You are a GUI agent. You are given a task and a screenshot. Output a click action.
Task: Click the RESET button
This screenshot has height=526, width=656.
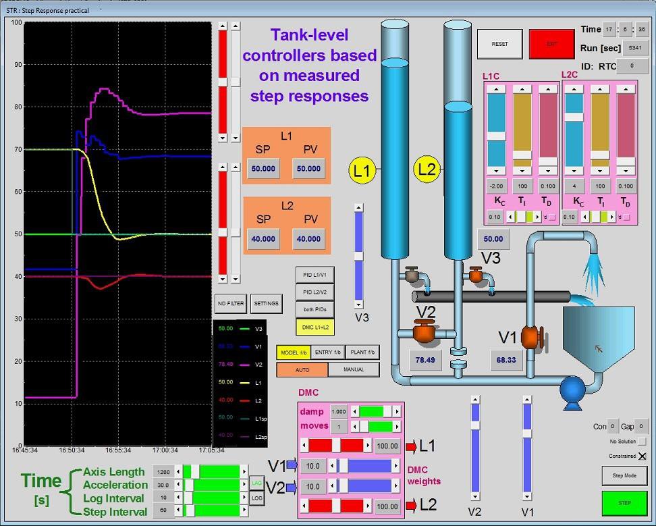(499, 44)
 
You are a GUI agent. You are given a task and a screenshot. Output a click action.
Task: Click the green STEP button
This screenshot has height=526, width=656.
(624, 503)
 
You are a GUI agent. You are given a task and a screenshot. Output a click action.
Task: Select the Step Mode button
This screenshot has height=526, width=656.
(624, 475)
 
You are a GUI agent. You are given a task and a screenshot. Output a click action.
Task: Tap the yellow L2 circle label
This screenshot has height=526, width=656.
(427, 169)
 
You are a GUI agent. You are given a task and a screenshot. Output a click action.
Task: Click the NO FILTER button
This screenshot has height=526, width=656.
(231, 304)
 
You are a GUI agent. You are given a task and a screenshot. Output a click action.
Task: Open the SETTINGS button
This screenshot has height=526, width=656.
(266, 304)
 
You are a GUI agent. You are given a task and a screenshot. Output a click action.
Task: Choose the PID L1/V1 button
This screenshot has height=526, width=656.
(315, 275)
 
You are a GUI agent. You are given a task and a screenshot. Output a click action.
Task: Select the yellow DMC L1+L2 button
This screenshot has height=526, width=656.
(315, 327)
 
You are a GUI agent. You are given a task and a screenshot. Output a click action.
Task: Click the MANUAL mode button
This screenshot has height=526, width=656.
(354, 369)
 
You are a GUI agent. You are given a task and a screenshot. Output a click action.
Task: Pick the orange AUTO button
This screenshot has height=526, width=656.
(302, 369)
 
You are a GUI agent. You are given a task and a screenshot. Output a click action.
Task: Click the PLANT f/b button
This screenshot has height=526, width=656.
(362, 352)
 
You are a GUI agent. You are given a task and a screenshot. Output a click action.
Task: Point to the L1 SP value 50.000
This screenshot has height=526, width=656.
(263, 169)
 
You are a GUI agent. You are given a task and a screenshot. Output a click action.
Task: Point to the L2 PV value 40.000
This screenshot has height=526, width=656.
(308, 239)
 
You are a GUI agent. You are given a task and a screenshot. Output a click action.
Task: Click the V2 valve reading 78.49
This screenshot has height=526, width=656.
(425, 361)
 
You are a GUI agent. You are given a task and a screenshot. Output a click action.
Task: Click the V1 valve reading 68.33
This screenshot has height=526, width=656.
(506, 361)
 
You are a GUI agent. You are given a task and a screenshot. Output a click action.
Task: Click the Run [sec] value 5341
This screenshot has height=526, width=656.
(634, 48)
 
